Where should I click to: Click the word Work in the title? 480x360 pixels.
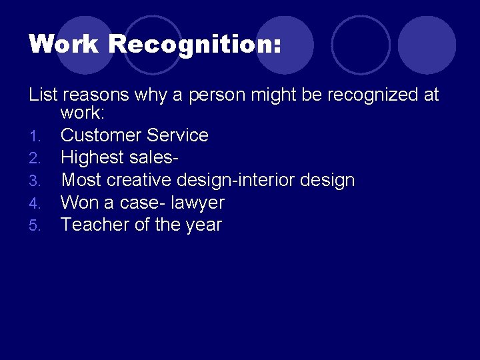click(63, 45)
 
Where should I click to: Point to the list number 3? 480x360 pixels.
click(35, 181)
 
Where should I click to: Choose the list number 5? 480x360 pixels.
click(35, 225)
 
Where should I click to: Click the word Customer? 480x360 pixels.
click(101, 135)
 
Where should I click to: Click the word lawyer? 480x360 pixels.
click(198, 203)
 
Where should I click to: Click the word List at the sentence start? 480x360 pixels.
click(43, 95)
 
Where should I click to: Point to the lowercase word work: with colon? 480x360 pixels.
click(81, 113)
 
